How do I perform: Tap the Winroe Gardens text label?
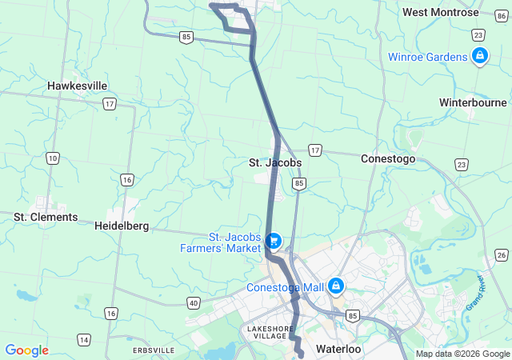pyautogui.click(x=427, y=57)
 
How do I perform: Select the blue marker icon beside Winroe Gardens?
pyautogui.click(x=479, y=56)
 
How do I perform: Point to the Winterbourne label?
pyautogui.click(x=473, y=102)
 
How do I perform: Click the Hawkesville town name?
pyautogui.click(x=77, y=86)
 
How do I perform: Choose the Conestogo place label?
pyautogui.click(x=388, y=158)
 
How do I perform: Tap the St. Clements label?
pyautogui.click(x=46, y=217)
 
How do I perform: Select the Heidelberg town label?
pyautogui.click(x=122, y=226)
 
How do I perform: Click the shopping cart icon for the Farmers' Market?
pyautogui.click(x=274, y=240)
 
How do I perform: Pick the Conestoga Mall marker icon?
pyautogui.click(x=335, y=286)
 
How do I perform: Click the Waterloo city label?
pyautogui.click(x=339, y=350)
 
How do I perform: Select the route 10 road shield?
pyautogui.click(x=53, y=158)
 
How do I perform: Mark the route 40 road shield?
pyautogui.click(x=193, y=302)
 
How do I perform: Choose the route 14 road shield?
pyautogui.click(x=83, y=340)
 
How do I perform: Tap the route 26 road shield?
pyautogui.click(x=501, y=254)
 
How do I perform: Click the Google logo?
pyautogui.click(x=26, y=350)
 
